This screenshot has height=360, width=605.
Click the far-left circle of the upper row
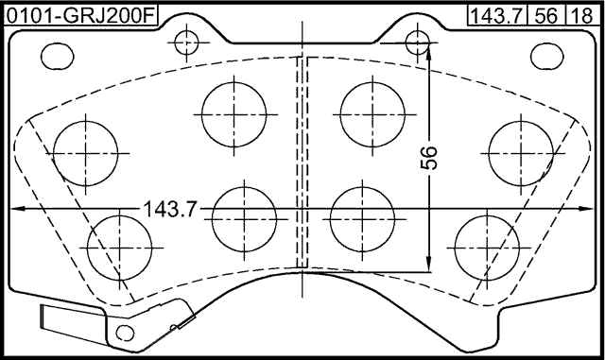(x=87, y=151)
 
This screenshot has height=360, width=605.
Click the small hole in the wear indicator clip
(x=122, y=333)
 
